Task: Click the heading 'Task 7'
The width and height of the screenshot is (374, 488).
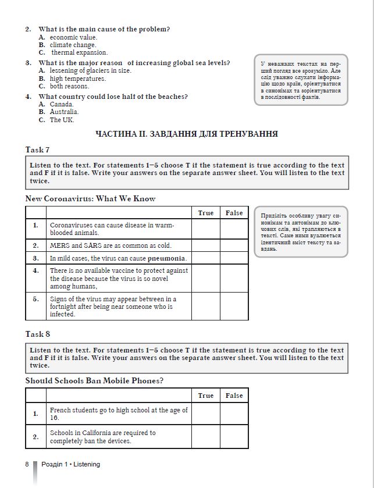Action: tap(37, 149)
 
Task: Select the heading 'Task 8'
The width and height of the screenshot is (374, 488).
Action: tap(37, 334)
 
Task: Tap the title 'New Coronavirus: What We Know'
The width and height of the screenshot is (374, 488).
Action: tap(90, 198)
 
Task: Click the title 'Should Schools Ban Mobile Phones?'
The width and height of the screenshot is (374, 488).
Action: tap(94, 381)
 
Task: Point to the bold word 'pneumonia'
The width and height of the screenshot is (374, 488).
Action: tap(168, 258)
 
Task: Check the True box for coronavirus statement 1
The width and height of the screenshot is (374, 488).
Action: tap(205, 229)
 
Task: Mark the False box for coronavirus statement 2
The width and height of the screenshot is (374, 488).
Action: tap(234, 245)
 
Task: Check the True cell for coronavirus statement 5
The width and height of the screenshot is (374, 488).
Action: tap(205, 307)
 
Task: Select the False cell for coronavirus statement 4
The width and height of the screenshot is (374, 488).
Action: tap(234, 278)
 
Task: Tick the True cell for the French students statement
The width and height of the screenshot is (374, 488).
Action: tap(205, 414)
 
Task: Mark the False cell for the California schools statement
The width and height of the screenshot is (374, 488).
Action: tap(234, 437)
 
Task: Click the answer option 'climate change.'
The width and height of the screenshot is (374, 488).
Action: tap(73, 45)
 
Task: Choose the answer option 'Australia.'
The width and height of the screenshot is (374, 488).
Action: tap(64, 112)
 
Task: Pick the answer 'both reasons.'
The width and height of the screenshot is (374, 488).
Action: tap(69, 86)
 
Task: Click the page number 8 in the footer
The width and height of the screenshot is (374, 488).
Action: tap(27, 464)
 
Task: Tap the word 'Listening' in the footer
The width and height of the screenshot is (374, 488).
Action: tap(86, 464)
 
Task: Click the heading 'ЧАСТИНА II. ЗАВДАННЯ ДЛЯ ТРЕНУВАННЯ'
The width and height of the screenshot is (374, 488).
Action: tap(186, 134)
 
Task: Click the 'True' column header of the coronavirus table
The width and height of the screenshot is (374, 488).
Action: tap(205, 213)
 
